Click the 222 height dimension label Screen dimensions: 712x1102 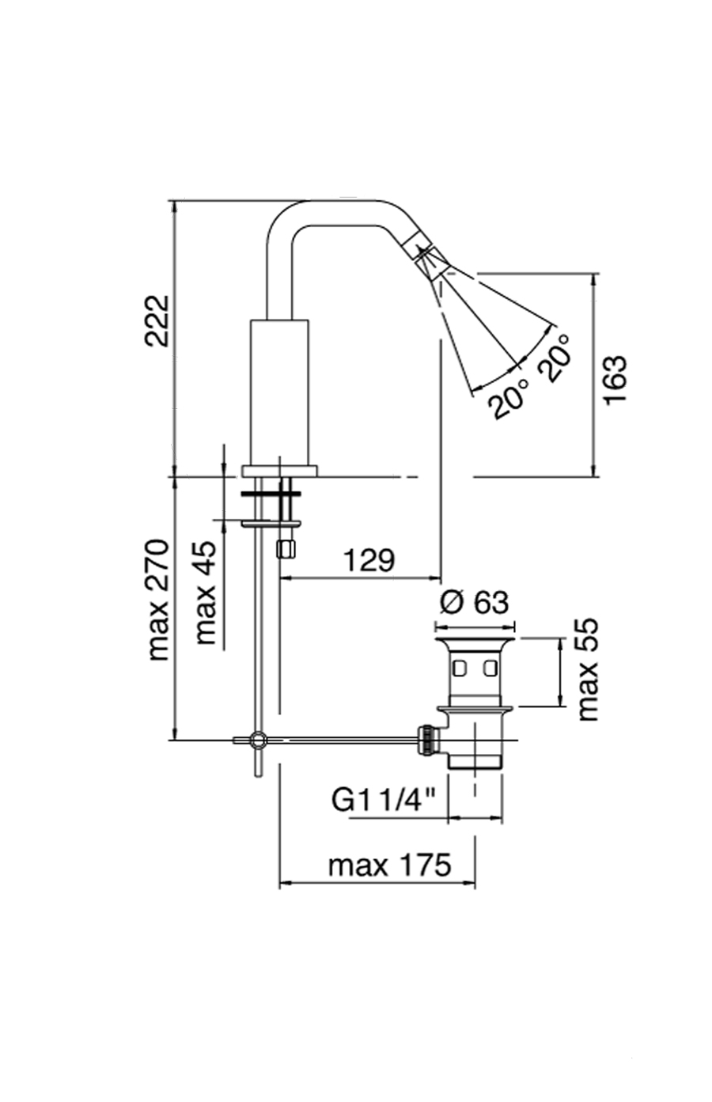coord(157,320)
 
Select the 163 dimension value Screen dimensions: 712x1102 coord(615,380)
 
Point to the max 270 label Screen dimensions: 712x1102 coord(159,600)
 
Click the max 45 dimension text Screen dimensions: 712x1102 coord(206,593)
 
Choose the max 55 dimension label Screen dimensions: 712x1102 coord(588,669)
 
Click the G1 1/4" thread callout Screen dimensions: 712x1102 coord(384,801)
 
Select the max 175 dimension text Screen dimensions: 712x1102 coord(389,865)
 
